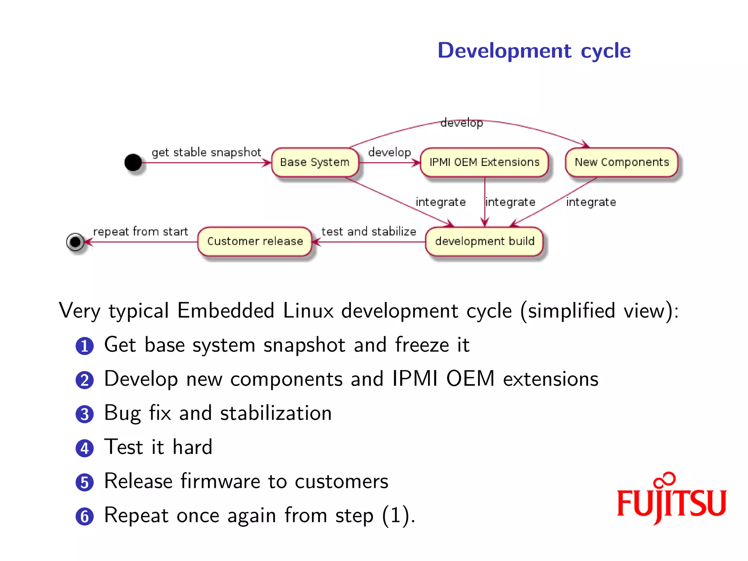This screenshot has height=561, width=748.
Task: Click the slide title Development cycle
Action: coord(534,50)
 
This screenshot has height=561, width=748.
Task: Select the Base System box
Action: coord(314,162)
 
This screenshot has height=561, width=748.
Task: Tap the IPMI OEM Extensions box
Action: coord(484,162)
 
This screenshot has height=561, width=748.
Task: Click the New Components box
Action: coord(622,162)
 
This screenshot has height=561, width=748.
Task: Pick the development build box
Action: coord(485,241)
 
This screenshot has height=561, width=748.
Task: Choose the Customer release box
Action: coord(255,241)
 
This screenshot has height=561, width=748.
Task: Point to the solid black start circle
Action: coord(133,162)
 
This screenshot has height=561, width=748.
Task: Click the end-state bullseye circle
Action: coord(76,242)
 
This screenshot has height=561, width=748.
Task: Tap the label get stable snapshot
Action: coord(206,152)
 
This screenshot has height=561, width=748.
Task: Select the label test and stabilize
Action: coord(369,232)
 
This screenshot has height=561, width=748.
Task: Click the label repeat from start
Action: coord(141,232)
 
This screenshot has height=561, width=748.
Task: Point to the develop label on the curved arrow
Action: coord(462,123)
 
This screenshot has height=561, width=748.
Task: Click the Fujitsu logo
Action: coord(671,499)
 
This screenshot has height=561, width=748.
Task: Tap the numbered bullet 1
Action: coord(85,346)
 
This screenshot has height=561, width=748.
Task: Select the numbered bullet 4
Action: coord(85,448)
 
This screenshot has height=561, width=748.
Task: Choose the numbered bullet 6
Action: coord(85,516)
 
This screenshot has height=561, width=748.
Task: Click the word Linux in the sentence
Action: coord(308,311)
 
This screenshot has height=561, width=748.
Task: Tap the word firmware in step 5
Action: coord(220,481)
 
